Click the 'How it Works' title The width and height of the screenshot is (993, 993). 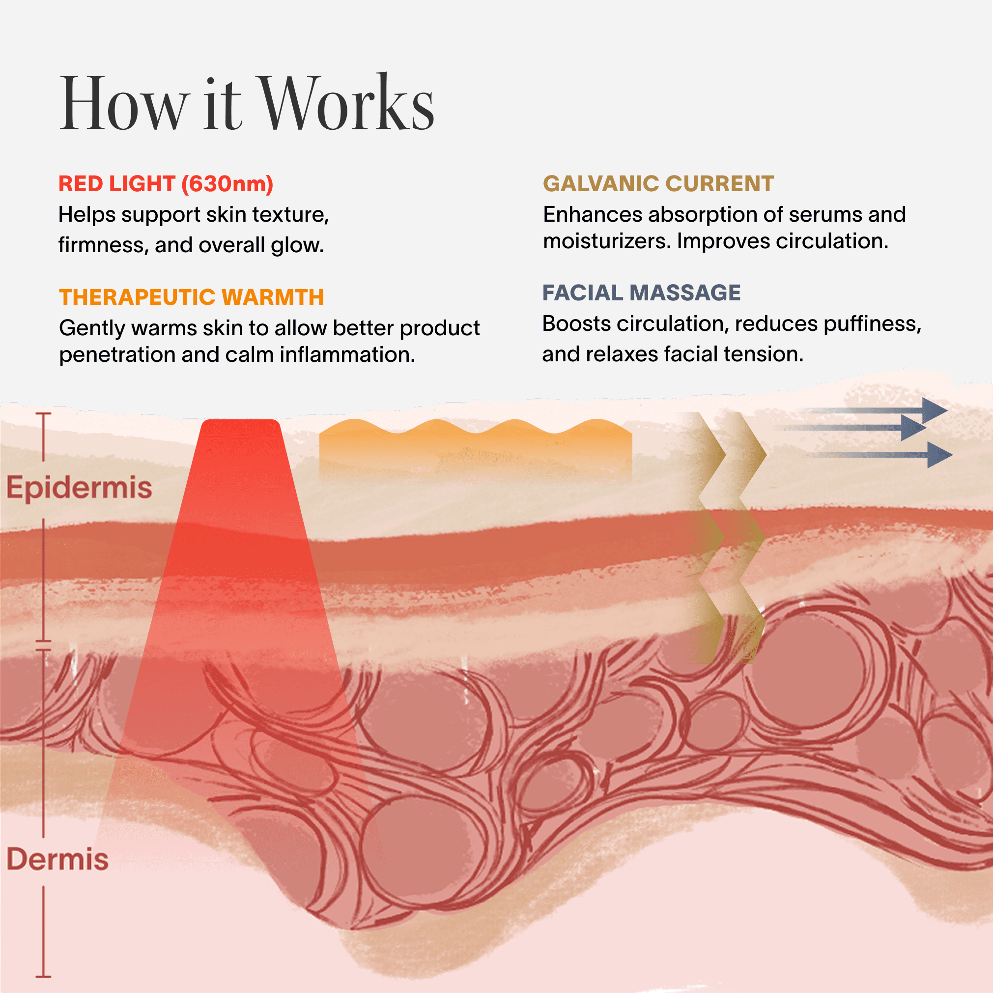coord(247,103)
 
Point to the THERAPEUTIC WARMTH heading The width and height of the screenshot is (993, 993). coord(191,297)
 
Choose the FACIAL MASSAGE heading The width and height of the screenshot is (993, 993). coord(641,293)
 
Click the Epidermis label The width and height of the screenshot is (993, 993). coord(79,488)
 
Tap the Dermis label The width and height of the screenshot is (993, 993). coord(57,859)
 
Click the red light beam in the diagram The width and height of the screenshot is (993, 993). coord(241,566)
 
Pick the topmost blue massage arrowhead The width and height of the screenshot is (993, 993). coord(934,410)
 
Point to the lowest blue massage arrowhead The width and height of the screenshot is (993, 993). coord(938,455)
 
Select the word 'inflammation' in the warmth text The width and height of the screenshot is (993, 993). coord(347,355)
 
